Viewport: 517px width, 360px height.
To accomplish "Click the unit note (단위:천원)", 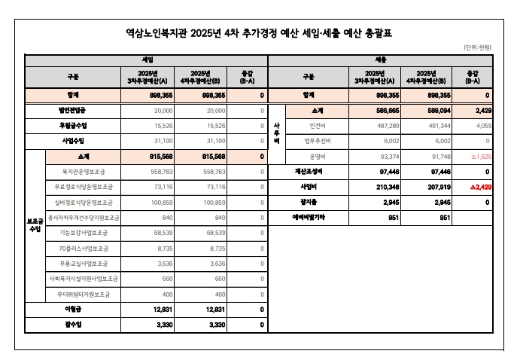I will tap(477, 47).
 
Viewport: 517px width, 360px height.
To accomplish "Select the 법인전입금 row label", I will tap(72, 110).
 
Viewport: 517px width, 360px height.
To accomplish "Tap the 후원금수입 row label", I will tap(72, 125).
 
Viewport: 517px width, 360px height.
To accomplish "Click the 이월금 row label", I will tap(72, 309).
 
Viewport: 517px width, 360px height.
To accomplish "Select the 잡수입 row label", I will tap(72, 325).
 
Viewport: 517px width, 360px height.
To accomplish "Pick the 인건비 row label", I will tap(316, 125).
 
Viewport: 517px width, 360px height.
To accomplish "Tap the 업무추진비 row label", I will tap(316, 141).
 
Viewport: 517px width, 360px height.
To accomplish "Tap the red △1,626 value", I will tap(477, 156).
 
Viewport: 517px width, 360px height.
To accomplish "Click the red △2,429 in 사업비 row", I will tap(477, 187).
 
